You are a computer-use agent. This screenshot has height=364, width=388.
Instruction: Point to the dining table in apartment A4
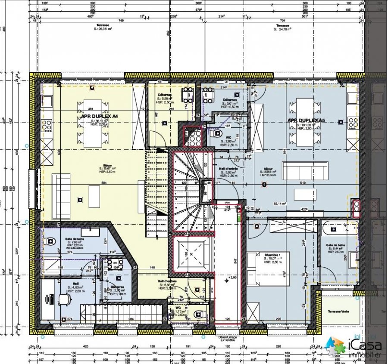pos(91,122)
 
